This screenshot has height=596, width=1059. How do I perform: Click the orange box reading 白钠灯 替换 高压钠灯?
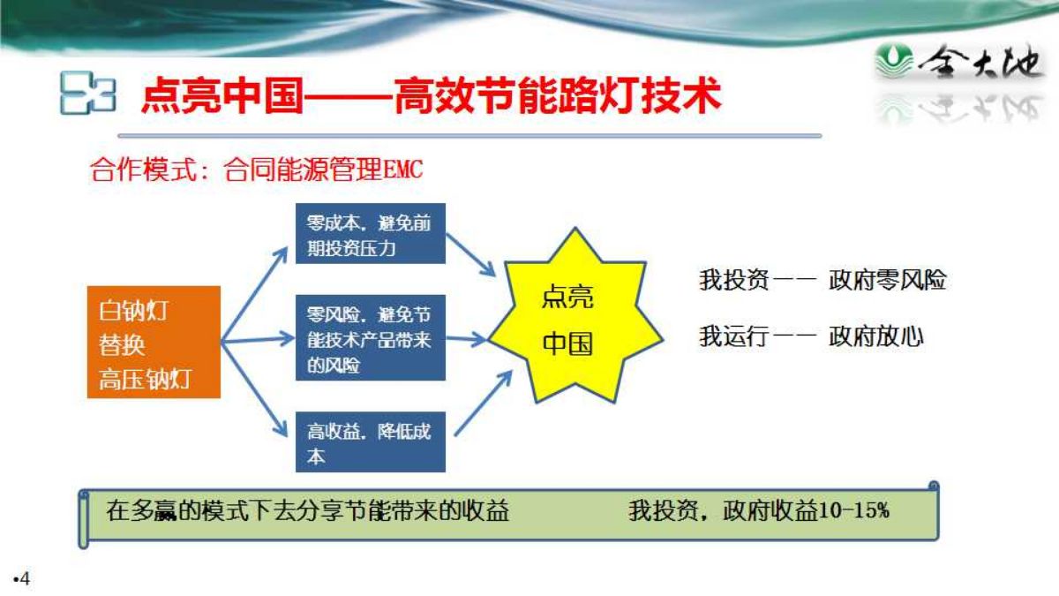pos(154,342)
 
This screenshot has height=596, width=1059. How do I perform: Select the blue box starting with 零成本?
pos(370,233)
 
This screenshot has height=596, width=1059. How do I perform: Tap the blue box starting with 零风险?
pos(370,337)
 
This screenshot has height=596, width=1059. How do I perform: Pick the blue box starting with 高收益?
pos(370,441)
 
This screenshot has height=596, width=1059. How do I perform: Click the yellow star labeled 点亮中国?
pos(575,316)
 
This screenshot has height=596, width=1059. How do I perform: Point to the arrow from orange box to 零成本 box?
pos(254,294)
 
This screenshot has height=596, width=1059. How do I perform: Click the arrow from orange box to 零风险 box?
pos(258,340)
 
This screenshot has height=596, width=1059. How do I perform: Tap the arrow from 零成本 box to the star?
pos(470,255)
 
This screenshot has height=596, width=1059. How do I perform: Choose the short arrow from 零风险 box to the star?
pos(466,339)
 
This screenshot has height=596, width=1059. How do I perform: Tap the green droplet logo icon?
pos(893,60)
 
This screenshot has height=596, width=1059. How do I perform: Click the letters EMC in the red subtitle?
pos(403,170)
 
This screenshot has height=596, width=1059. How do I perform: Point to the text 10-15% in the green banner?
pos(854,510)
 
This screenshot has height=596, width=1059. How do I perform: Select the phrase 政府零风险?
pos(888,280)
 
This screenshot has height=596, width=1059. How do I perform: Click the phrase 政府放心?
pos(876,336)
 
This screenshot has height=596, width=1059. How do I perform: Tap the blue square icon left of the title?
pos(88,93)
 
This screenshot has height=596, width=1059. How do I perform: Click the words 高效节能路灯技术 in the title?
pos(558,96)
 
